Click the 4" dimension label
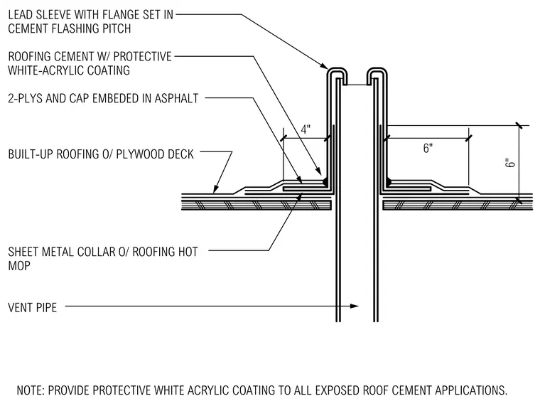[x=306, y=130]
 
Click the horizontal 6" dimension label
[x=428, y=149]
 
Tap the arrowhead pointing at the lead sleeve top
[x=324, y=65]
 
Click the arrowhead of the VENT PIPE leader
[x=355, y=306]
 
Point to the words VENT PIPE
[x=33, y=307]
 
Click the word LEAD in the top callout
[x=21, y=15]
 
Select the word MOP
[x=19, y=266]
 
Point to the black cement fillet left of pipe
[x=325, y=181]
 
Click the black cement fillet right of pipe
[x=389, y=181]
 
